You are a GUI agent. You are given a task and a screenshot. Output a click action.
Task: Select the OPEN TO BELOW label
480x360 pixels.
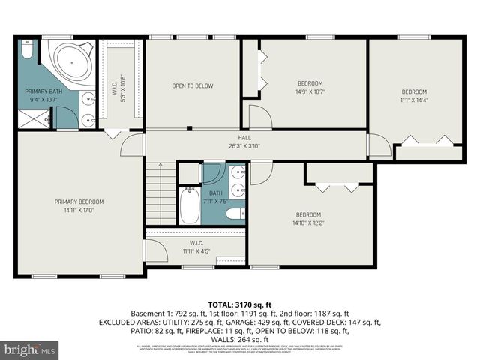click(193, 85)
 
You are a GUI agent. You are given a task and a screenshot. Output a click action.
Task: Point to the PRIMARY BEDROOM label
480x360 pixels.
click(78, 202)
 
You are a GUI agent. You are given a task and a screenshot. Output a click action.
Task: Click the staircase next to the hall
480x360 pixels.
click(159, 193)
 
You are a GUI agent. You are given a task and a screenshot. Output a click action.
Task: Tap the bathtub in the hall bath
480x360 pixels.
click(190, 205)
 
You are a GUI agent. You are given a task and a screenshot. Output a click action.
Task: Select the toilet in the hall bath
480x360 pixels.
click(235, 214)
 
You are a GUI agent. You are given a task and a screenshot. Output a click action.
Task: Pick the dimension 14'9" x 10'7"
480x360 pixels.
click(310, 92)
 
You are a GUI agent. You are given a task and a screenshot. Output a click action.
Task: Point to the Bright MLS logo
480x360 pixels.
click(30, 349)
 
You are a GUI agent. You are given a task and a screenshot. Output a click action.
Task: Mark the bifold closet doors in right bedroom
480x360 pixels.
click(424, 139)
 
